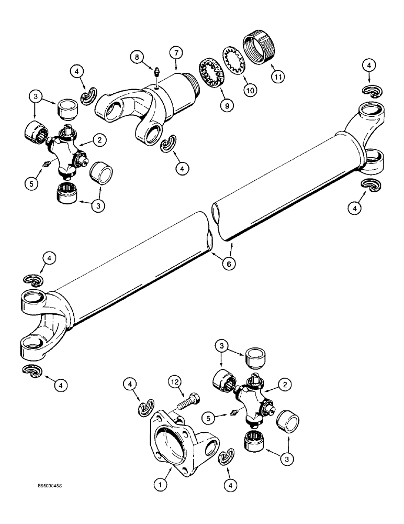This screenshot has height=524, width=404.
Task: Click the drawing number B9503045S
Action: point(48,486)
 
